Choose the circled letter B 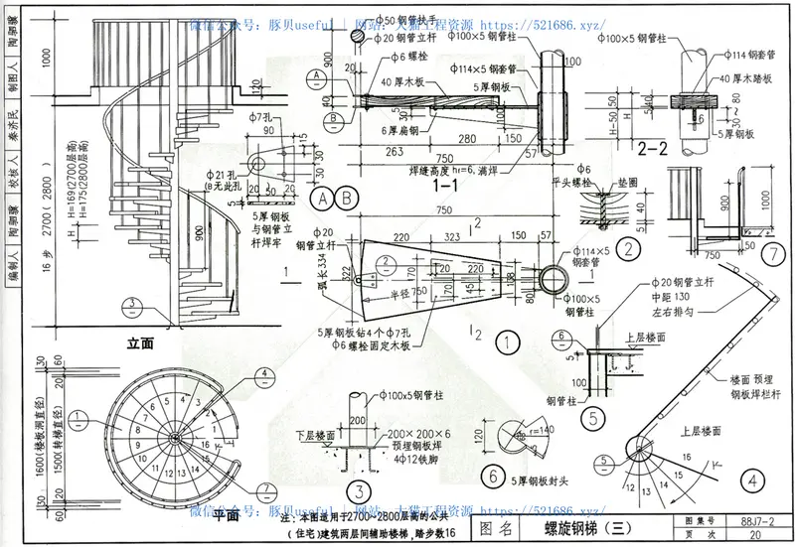point(347,197)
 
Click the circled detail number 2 point(627,249)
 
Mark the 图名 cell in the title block point(496,530)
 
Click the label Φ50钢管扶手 point(403,18)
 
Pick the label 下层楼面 point(320,434)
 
